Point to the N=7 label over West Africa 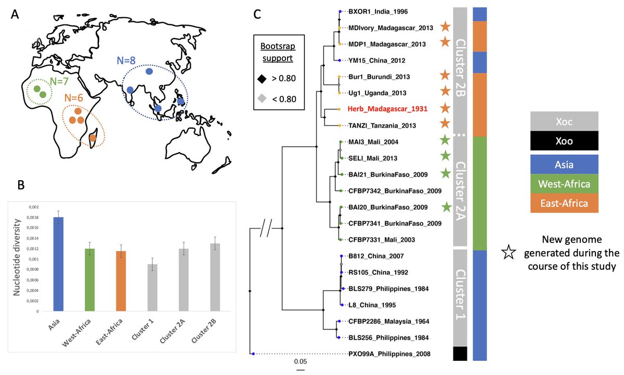tap(61, 82)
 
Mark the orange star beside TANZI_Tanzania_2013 tap(444, 125)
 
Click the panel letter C tap(257, 15)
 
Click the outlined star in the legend tap(509, 253)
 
